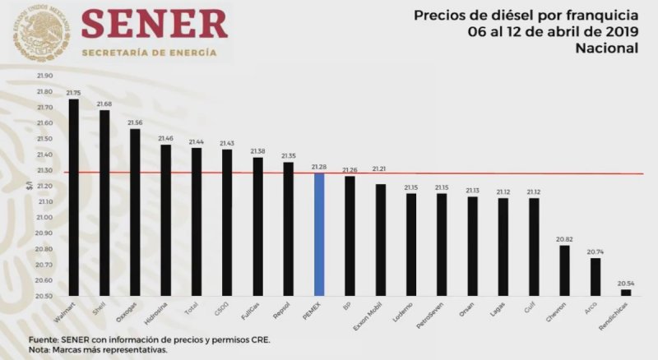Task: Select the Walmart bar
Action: click(x=73, y=197)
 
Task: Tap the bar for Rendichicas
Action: click(x=626, y=292)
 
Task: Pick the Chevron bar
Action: click(x=564, y=270)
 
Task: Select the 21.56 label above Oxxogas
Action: click(x=135, y=122)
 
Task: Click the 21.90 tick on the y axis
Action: click(x=44, y=76)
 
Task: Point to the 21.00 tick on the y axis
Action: click(x=44, y=217)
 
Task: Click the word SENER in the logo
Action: click(x=155, y=25)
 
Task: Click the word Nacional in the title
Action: click(x=606, y=48)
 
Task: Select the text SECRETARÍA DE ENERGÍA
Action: click(x=149, y=53)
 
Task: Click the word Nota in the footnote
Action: click(x=41, y=349)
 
